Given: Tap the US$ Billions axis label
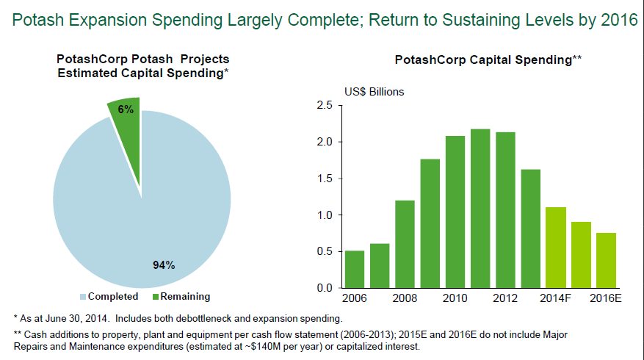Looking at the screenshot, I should pos(375,92).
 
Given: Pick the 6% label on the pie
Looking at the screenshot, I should pos(126,109).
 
